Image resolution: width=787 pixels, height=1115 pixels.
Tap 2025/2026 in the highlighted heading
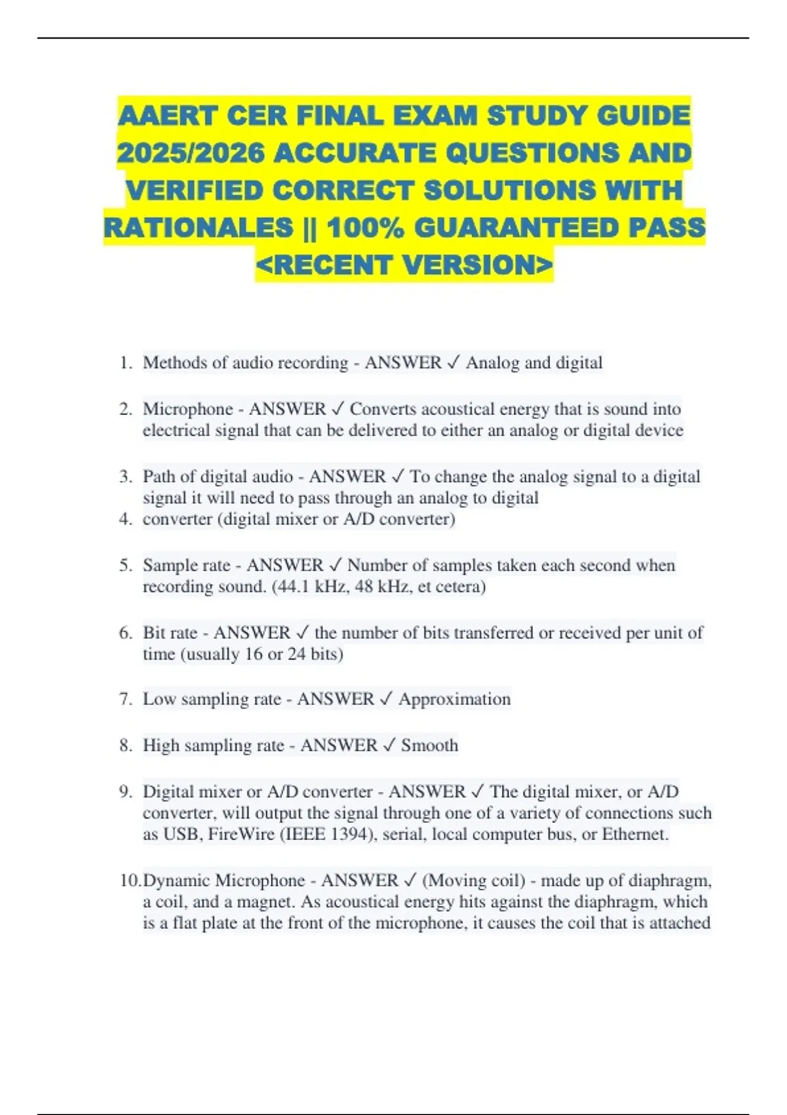click(191, 153)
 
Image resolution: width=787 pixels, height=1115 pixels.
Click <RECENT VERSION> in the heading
click(404, 265)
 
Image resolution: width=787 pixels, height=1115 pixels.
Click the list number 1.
click(125, 363)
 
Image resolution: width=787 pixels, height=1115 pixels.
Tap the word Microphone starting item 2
click(188, 409)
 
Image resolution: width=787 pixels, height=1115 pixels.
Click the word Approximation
click(454, 699)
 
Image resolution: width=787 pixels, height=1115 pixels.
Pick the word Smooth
click(430, 745)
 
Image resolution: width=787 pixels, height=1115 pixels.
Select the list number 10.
click(130, 880)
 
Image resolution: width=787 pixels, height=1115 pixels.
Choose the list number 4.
click(125, 519)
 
